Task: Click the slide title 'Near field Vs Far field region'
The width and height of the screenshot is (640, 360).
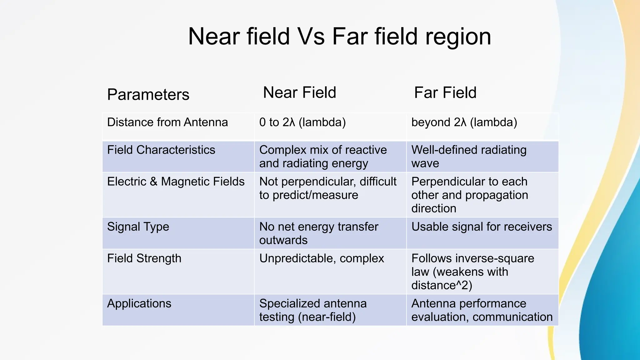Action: click(x=339, y=37)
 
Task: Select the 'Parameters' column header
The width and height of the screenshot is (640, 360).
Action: click(x=148, y=94)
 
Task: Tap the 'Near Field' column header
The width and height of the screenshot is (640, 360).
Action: click(x=299, y=92)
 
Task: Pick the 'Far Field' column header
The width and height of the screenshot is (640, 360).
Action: click(x=445, y=92)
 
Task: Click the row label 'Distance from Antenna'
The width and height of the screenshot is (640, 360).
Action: click(x=167, y=122)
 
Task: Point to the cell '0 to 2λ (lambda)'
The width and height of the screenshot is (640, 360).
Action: click(x=302, y=122)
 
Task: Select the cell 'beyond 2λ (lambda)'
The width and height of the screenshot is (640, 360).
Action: click(x=464, y=122)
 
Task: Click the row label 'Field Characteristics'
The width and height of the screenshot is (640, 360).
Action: click(x=161, y=150)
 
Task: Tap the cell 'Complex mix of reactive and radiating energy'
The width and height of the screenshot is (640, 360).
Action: click(x=322, y=157)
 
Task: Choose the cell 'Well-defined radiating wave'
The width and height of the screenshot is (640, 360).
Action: click(x=469, y=157)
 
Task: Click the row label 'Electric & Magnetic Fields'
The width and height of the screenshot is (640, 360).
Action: click(x=176, y=182)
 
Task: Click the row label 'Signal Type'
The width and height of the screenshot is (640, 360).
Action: click(x=138, y=227)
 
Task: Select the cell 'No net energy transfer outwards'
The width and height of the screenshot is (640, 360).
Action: click(x=318, y=233)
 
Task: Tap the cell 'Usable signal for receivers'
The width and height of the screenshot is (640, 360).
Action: click(x=482, y=227)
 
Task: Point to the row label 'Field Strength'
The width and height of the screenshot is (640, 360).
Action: click(x=144, y=258)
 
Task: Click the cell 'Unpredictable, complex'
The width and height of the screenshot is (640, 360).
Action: click(x=322, y=258)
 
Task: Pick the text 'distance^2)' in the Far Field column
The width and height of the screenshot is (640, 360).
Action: click(x=442, y=285)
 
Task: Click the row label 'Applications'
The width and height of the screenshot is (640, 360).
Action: click(x=139, y=303)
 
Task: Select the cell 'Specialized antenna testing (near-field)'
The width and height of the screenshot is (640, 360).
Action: click(x=313, y=310)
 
